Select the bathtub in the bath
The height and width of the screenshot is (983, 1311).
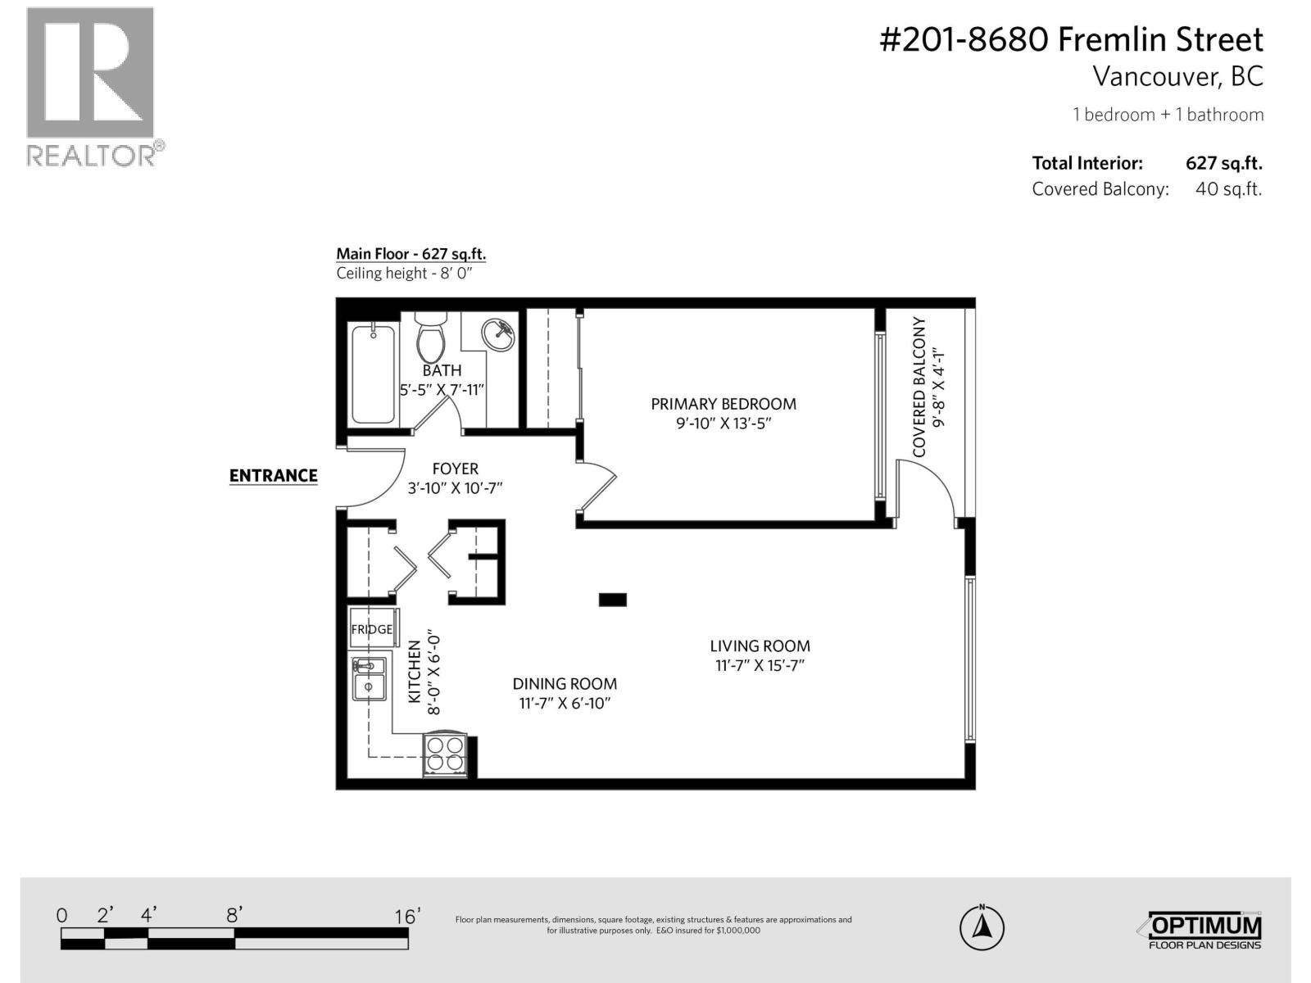[373, 373]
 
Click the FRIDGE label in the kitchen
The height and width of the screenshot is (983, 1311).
[372, 629]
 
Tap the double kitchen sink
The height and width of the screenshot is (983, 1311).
[369, 678]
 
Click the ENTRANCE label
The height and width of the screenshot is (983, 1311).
[273, 476]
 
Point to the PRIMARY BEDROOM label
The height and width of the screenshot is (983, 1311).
[723, 404]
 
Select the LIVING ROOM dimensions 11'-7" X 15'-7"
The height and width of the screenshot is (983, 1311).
[760, 666]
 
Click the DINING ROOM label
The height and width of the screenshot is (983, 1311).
[565, 684]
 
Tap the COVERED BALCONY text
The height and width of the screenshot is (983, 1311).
[919, 387]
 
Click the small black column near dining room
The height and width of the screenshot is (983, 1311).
[612, 600]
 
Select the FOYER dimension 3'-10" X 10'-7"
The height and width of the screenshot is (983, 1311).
[455, 488]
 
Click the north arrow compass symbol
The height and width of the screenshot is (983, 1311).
[982, 928]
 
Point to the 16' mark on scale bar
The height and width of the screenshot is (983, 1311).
[407, 916]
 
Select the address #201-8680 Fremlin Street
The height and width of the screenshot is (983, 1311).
[1071, 39]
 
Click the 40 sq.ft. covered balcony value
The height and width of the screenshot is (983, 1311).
[1228, 189]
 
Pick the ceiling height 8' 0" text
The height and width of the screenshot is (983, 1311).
[405, 274]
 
